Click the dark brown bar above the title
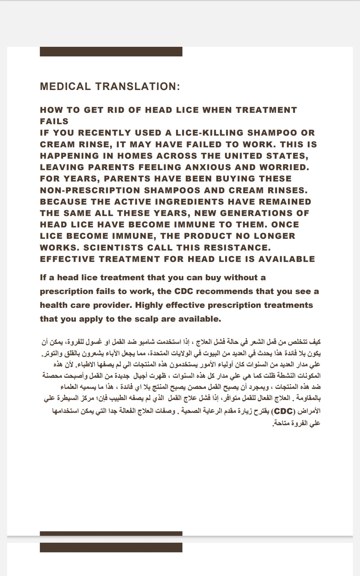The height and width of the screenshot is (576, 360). click(111, 52)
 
